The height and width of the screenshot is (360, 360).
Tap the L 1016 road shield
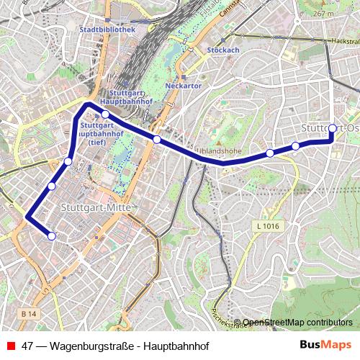tap(267, 226)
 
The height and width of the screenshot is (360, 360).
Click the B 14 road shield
tap(29, 314)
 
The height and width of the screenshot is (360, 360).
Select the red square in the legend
tap(10, 345)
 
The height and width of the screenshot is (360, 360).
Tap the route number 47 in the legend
tap(28, 345)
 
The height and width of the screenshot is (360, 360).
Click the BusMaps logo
tap(325, 344)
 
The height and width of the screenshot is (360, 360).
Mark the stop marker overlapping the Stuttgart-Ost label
tap(332, 129)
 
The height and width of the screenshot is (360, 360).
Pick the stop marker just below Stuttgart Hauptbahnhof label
tap(105, 114)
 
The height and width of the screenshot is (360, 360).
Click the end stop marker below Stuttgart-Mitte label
tap(52, 235)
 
